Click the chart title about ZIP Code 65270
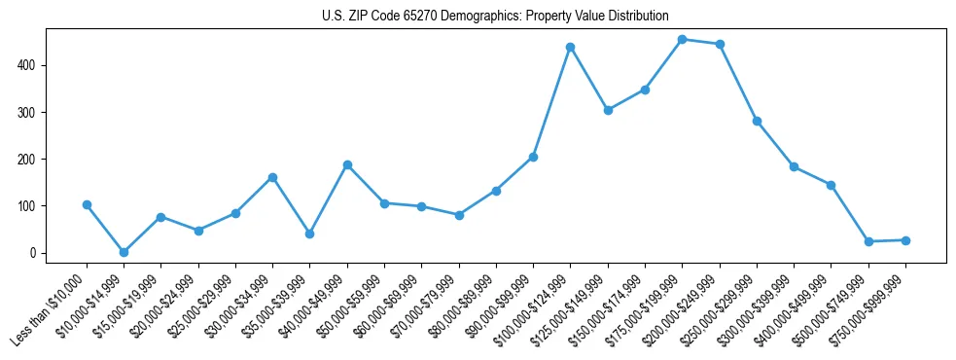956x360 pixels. (x=495, y=16)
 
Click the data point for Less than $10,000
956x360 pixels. (x=87, y=205)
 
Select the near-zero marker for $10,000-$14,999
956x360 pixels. (x=124, y=252)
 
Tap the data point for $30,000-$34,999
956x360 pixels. (x=272, y=177)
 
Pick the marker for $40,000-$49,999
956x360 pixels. (x=347, y=165)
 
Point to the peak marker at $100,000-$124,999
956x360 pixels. (x=570, y=47)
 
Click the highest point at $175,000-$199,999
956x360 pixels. (x=682, y=40)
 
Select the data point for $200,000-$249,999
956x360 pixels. (x=720, y=44)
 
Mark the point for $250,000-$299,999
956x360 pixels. (x=757, y=122)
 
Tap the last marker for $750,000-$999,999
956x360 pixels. (x=905, y=240)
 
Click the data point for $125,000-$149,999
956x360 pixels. (x=608, y=110)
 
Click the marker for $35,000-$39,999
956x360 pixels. (x=309, y=234)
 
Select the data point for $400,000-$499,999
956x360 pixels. (x=831, y=185)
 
